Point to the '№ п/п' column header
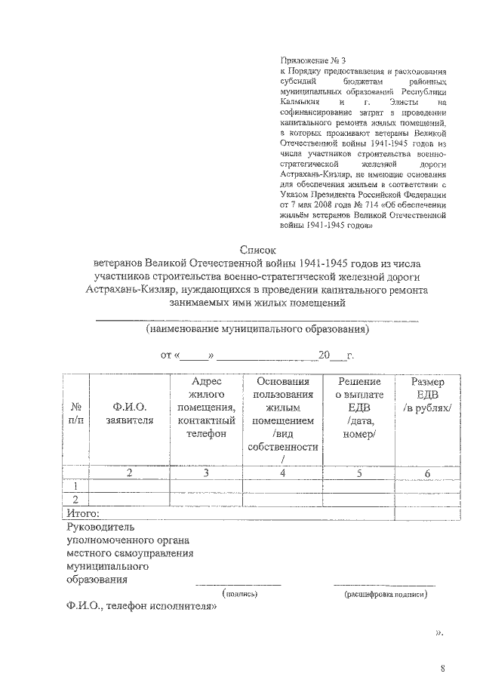[75, 414]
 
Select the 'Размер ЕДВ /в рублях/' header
[427, 395]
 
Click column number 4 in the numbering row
[283, 473]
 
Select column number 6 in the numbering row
[427, 473]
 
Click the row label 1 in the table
[75, 486]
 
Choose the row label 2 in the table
[75, 500]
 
